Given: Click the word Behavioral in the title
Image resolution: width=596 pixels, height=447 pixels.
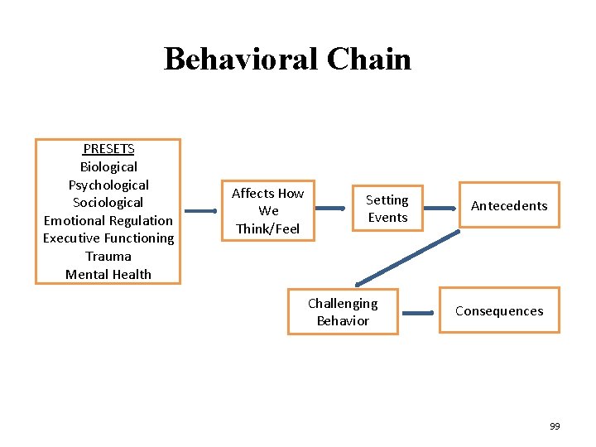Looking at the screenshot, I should click(241, 60).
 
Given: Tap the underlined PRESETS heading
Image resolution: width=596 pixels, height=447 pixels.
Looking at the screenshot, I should click(108, 149).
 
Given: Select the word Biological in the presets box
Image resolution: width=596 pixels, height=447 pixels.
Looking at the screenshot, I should click(108, 167).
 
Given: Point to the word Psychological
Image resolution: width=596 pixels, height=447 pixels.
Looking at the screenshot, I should click(108, 185).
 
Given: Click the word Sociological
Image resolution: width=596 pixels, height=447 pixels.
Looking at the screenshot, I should click(108, 203).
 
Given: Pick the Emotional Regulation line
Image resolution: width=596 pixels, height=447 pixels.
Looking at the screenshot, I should click(108, 220).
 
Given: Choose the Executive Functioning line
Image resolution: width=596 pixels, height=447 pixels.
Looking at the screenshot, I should click(108, 238).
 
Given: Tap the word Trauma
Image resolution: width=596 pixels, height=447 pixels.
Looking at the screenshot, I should click(108, 257).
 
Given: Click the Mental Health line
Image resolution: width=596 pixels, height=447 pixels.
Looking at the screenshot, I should click(108, 274).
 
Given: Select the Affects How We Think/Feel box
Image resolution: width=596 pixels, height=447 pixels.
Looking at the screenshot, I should click(267, 210).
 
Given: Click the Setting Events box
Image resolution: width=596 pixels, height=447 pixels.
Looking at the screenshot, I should click(387, 209).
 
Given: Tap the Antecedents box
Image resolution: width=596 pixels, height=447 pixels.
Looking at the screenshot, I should click(509, 205).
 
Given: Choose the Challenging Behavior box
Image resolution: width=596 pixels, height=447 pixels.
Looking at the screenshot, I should click(343, 312).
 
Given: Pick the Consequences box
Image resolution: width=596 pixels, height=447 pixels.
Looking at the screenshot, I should click(499, 311).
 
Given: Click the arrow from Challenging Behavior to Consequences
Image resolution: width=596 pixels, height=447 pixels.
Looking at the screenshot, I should click(418, 313).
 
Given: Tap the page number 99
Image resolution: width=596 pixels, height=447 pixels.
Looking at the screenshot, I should click(555, 426).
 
